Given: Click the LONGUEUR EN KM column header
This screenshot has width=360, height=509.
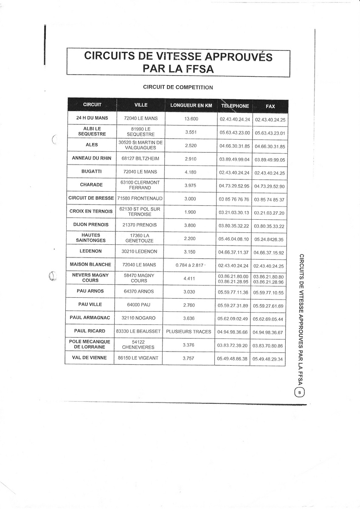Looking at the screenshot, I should tap(191, 106).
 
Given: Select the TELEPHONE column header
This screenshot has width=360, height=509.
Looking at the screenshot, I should tap(235, 106).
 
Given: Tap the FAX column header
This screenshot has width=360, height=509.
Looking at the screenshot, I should tap(270, 106).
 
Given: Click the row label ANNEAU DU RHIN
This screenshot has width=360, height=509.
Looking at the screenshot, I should tap(92, 158).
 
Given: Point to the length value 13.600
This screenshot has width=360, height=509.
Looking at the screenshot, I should tap(191, 119).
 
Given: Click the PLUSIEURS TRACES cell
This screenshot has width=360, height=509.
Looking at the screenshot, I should tap(188, 331).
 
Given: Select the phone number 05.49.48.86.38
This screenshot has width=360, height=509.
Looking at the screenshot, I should tap(232, 359).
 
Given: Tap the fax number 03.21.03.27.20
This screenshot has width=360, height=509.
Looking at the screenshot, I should tap(269, 213).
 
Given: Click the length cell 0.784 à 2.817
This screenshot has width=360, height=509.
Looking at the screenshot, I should tap(189, 265).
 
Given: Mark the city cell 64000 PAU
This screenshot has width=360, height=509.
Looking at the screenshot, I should tap(139, 305).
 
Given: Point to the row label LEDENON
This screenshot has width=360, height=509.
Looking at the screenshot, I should tap(90, 252).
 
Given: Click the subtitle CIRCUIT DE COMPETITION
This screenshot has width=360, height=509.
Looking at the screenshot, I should tap(178, 87).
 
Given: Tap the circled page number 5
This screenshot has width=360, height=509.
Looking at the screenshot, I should tap(300, 393).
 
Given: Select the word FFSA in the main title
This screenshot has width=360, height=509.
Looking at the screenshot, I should tap(195, 68).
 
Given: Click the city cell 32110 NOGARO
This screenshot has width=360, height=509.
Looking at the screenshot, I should tap(138, 318).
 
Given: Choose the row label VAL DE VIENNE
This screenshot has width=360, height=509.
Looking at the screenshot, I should tap(90, 358).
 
